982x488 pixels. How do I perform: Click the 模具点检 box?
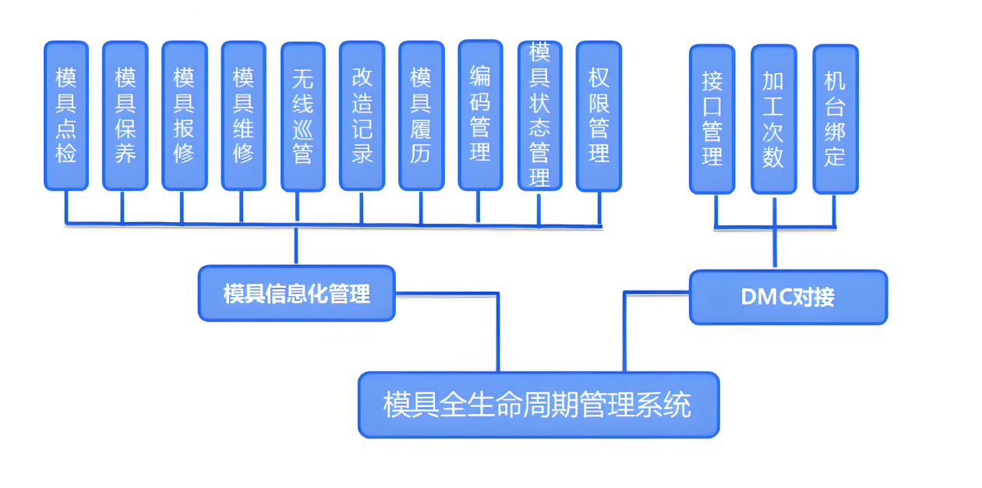[x=66, y=115]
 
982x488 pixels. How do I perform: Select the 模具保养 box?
[x=125, y=115]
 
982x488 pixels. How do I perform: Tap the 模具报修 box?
[x=184, y=115]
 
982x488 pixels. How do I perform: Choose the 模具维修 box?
[x=243, y=115]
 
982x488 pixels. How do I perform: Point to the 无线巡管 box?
[x=302, y=115]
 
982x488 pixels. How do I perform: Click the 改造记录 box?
[x=362, y=115]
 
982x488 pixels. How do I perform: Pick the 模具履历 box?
[x=421, y=115]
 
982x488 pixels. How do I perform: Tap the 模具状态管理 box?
[x=539, y=115]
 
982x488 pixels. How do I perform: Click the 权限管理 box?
[x=599, y=115]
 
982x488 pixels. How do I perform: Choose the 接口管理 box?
[x=712, y=118]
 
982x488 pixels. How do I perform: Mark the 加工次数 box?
[x=773, y=118]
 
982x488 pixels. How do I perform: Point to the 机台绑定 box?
[x=835, y=118]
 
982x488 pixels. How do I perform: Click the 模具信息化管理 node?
[x=296, y=293]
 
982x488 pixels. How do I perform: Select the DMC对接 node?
[x=788, y=296]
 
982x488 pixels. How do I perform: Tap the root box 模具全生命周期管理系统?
[x=538, y=405]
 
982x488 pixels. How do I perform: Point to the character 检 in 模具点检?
[x=66, y=153]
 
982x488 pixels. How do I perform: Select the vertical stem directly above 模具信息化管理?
[x=296, y=246]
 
